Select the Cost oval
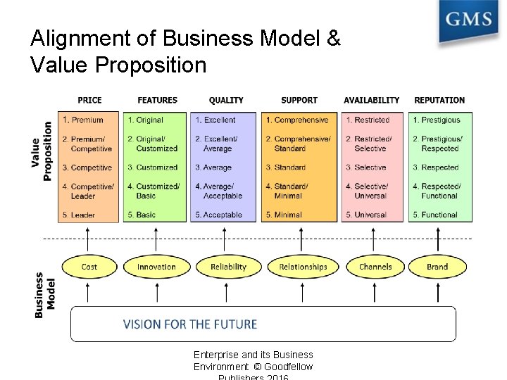[89, 267]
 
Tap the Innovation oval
[156, 267]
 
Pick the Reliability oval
[228, 267]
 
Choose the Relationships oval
[303, 267]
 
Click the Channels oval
[375, 267]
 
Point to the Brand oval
[437, 267]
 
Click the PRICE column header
[89, 101]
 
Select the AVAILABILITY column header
[371, 101]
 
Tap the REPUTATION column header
[439, 101]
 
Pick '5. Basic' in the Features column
[142, 215]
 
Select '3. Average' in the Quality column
[213, 167]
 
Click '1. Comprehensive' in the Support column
[297, 120]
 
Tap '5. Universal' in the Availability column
[366, 215]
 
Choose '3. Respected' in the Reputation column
[435, 167]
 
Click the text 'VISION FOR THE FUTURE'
[190, 324]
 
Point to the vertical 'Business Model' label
[44, 295]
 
